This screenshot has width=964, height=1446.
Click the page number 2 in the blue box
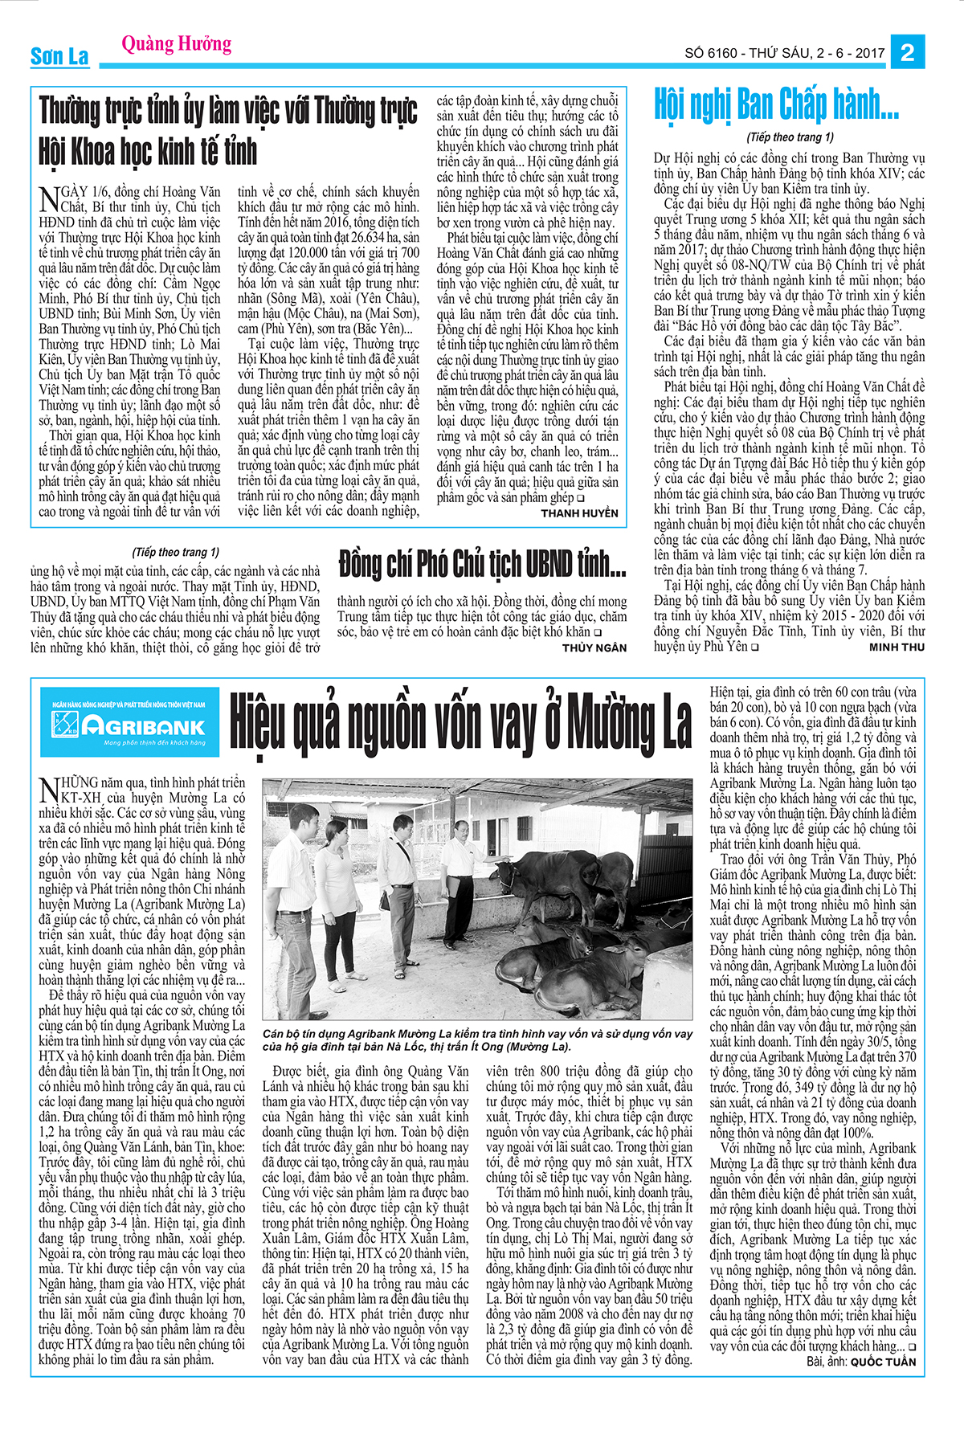pyautogui.click(x=908, y=53)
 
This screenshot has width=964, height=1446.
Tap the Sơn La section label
pyautogui.click(x=59, y=56)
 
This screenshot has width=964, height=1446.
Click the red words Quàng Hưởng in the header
pyautogui.click(x=177, y=43)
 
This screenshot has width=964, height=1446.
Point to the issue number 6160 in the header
pyautogui.click(x=721, y=54)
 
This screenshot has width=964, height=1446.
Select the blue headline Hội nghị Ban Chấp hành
pyautogui.click(x=776, y=104)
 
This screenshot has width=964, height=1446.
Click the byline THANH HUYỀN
pyautogui.click(x=579, y=513)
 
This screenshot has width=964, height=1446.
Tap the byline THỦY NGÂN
pyautogui.click(x=594, y=647)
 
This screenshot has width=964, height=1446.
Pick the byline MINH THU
pyautogui.click(x=897, y=647)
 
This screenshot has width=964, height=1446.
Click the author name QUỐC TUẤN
pyautogui.click(x=883, y=1362)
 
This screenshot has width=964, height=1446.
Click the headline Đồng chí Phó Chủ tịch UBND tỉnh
pyautogui.click(x=482, y=564)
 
